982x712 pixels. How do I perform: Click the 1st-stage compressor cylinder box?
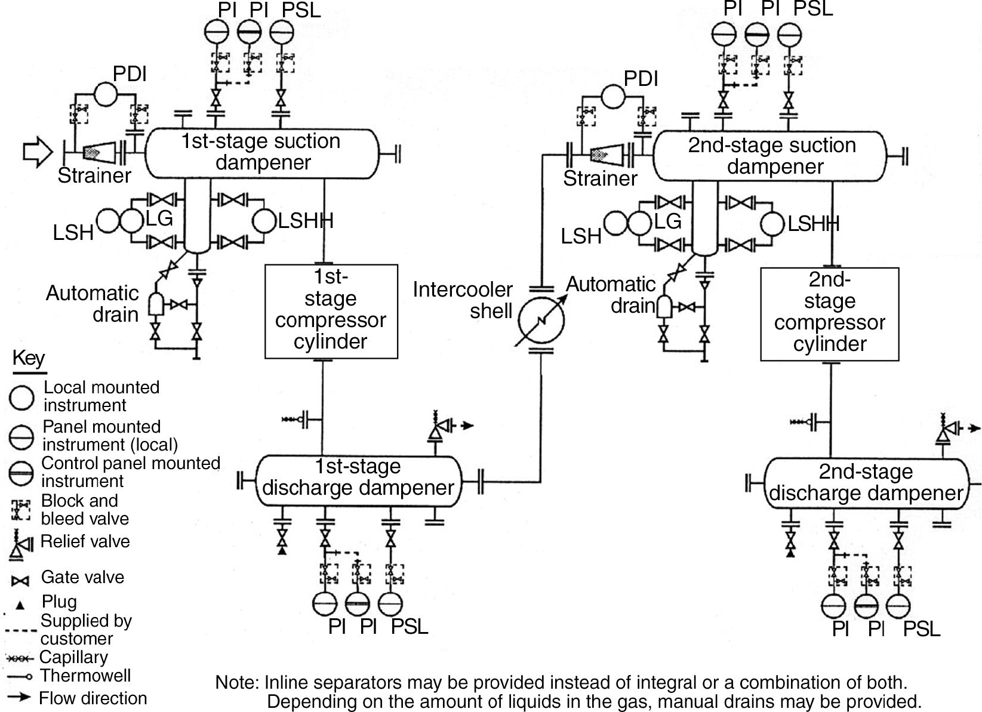coord(331,311)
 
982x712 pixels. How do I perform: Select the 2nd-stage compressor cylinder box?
coord(829,314)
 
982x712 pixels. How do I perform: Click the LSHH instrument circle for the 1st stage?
coord(264,221)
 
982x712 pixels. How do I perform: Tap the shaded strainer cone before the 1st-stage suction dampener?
coord(96,153)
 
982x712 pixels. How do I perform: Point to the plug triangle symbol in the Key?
coord(20,605)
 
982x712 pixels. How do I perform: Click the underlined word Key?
coord(29,359)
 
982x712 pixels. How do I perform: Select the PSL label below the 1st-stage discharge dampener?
coord(410,627)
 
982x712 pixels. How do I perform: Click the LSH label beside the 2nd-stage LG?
coord(580,236)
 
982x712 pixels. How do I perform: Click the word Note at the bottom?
coord(236,682)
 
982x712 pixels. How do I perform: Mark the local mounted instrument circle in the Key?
coord(21,397)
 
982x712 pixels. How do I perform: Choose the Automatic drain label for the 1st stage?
coord(93,304)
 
